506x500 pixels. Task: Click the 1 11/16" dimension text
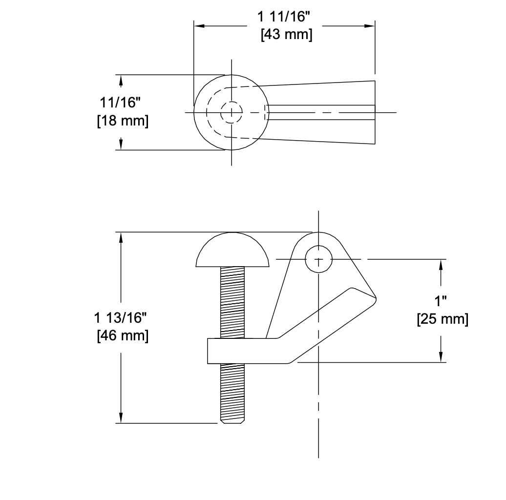tap(284, 17)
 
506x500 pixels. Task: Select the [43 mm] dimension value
tap(286, 35)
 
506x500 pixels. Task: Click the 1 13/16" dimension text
tap(121, 318)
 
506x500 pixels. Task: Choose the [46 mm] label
tap(123, 336)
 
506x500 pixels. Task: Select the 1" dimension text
tap(441, 301)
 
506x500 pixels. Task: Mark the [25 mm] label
tap(443, 320)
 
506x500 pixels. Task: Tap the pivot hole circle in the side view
tap(318, 259)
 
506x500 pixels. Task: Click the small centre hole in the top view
tap(231, 112)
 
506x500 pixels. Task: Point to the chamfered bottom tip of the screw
tap(232, 420)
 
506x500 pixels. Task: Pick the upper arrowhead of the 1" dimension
tap(441, 264)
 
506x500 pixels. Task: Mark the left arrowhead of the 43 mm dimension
tap(199, 26)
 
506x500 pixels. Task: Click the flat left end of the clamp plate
tap(209, 351)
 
